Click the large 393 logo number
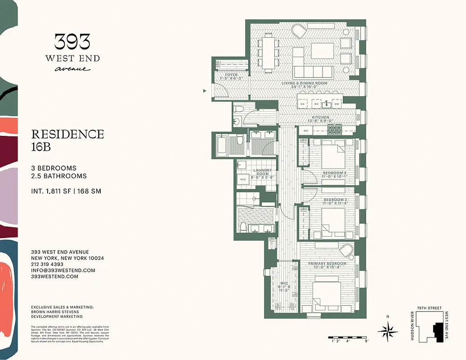tap(72, 42)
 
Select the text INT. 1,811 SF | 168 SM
tap(66, 191)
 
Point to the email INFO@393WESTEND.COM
tap(63, 270)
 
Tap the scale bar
tap(349, 337)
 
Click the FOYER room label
tap(232, 75)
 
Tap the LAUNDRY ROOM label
tap(262, 172)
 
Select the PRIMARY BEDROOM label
tap(327, 264)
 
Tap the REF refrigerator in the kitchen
tap(306, 130)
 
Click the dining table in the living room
tap(268, 54)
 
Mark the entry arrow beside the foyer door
tap(205, 91)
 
